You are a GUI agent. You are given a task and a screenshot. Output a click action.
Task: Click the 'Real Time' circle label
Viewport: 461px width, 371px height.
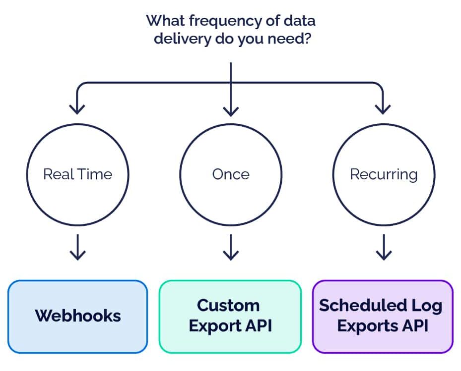tap(77, 174)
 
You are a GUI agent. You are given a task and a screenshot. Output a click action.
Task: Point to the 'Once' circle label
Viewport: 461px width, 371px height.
tap(231, 174)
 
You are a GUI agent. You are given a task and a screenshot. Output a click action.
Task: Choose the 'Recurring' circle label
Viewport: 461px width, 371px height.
tap(384, 174)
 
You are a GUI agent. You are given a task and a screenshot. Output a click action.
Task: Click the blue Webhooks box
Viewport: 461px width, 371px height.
tap(78, 316)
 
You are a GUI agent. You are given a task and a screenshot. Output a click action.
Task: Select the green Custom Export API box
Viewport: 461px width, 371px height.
tap(230, 316)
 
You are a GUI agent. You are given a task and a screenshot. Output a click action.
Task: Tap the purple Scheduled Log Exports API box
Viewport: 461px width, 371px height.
tap(383, 316)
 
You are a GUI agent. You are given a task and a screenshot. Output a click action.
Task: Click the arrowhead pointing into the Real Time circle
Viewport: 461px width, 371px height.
tap(77, 109)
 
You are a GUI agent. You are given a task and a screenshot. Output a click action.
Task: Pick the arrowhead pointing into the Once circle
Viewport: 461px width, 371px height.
tap(231, 109)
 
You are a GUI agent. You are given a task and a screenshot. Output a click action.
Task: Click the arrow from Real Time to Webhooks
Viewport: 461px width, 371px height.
tap(77, 248)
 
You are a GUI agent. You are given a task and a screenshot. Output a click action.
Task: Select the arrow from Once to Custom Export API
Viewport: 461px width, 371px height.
tap(231, 248)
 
